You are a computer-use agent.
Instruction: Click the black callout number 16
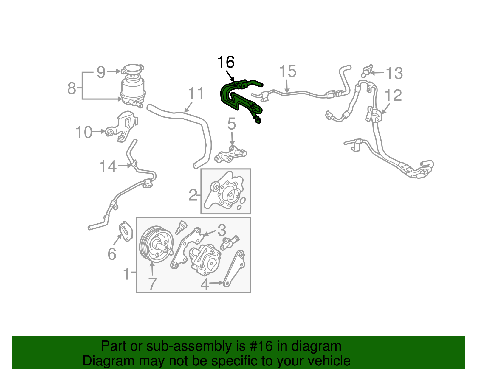[226, 62]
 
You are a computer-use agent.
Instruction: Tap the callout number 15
[288, 72]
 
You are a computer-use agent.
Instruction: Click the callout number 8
[72, 88]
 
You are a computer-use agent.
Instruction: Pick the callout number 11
[196, 93]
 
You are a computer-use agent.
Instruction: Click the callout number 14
[108, 166]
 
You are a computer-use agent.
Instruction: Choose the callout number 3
[222, 230]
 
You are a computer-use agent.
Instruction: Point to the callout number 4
[205, 284]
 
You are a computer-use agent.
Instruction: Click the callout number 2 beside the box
[193, 195]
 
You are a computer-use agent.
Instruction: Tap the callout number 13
[394, 73]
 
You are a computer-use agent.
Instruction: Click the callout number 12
[393, 96]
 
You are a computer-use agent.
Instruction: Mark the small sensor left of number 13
[366, 71]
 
